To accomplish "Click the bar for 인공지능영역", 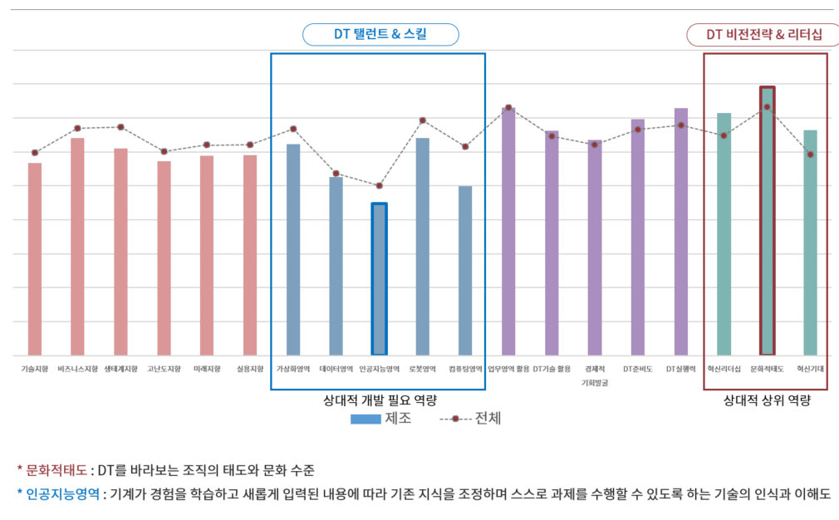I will [x=379, y=279].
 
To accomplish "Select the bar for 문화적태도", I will [x=767, y=221].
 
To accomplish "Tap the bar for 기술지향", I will [x=35, y=259].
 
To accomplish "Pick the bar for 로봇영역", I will [x=422, y=247].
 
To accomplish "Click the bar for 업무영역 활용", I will [x=508, y=231].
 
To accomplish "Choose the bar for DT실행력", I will [x=680, y=232].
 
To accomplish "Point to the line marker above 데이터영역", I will [x=336, y=174].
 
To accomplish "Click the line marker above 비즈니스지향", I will [x=77, y=128].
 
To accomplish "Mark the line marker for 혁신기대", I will [x=810, y=155].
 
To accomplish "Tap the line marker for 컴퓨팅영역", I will [x=465, y=146].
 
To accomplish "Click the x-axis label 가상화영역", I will [x=292, y=369].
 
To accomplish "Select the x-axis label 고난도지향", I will [x=164, y=369].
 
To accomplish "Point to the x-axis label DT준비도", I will [x=637, y=369].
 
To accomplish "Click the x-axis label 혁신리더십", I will [x=724, y=369].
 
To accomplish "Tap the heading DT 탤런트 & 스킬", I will [x=380, y=34].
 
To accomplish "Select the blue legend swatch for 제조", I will [x=365, y=419].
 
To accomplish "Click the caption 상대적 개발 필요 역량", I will [x=380, y=400].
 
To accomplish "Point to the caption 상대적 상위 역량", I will [x=766, y=400].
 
